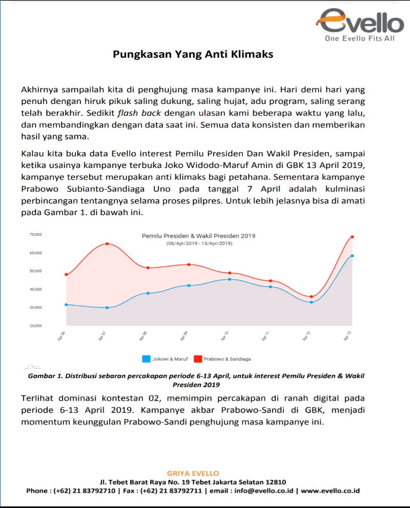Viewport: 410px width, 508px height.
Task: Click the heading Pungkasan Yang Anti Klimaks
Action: click(193, 54)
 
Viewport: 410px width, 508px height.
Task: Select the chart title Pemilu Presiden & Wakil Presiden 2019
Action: click(198, 236)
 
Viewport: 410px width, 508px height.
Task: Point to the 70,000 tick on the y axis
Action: click(35, 235)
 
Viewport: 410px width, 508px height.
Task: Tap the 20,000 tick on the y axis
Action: click(35, 326)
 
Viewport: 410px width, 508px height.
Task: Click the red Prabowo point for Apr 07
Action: click(107, 244)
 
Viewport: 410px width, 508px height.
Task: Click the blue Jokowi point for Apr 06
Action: click(66, 305)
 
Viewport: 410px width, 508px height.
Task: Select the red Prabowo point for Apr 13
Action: click(352, 237)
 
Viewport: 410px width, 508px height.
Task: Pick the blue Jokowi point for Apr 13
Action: click(352, 256)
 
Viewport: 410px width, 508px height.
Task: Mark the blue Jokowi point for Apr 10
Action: click(230, 279)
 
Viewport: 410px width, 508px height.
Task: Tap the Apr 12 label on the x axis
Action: click(306, 336)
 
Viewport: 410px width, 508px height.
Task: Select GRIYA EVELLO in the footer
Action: click(193, 473)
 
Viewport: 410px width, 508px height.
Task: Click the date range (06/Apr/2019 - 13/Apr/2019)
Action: click(198, 244)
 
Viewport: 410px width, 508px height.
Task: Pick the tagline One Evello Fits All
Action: click(360, 38)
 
